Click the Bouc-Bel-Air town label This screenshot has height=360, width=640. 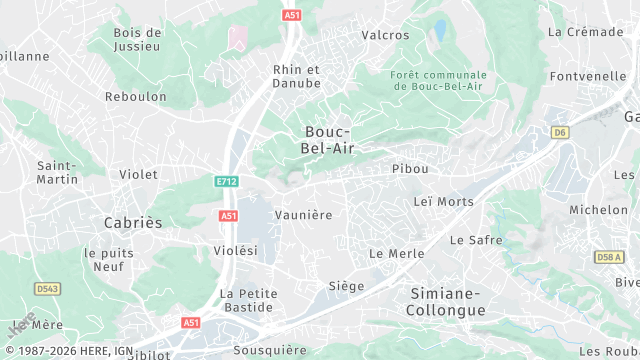(327, 140)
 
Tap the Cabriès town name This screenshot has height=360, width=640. (133, 222)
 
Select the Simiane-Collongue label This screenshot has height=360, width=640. (446, 302)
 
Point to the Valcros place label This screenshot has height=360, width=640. (385, 35)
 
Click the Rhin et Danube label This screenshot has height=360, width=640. (297, 76)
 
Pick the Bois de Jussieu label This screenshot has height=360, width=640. (137, 39)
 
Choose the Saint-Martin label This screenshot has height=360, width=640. (57, 172)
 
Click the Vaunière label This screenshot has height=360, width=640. (303, 215)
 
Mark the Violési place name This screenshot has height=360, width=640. (236, 250)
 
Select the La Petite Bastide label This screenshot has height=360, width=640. (249, 300)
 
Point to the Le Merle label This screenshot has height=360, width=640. (397, 254)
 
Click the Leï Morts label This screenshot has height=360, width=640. (443, 202)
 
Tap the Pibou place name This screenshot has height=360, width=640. (410, 169)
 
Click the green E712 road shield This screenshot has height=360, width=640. (227, 181)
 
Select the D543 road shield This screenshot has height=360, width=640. (47, 289)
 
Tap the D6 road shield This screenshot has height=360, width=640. (559, 132)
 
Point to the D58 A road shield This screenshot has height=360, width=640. (609, 257)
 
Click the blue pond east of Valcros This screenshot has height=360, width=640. (440, 31)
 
